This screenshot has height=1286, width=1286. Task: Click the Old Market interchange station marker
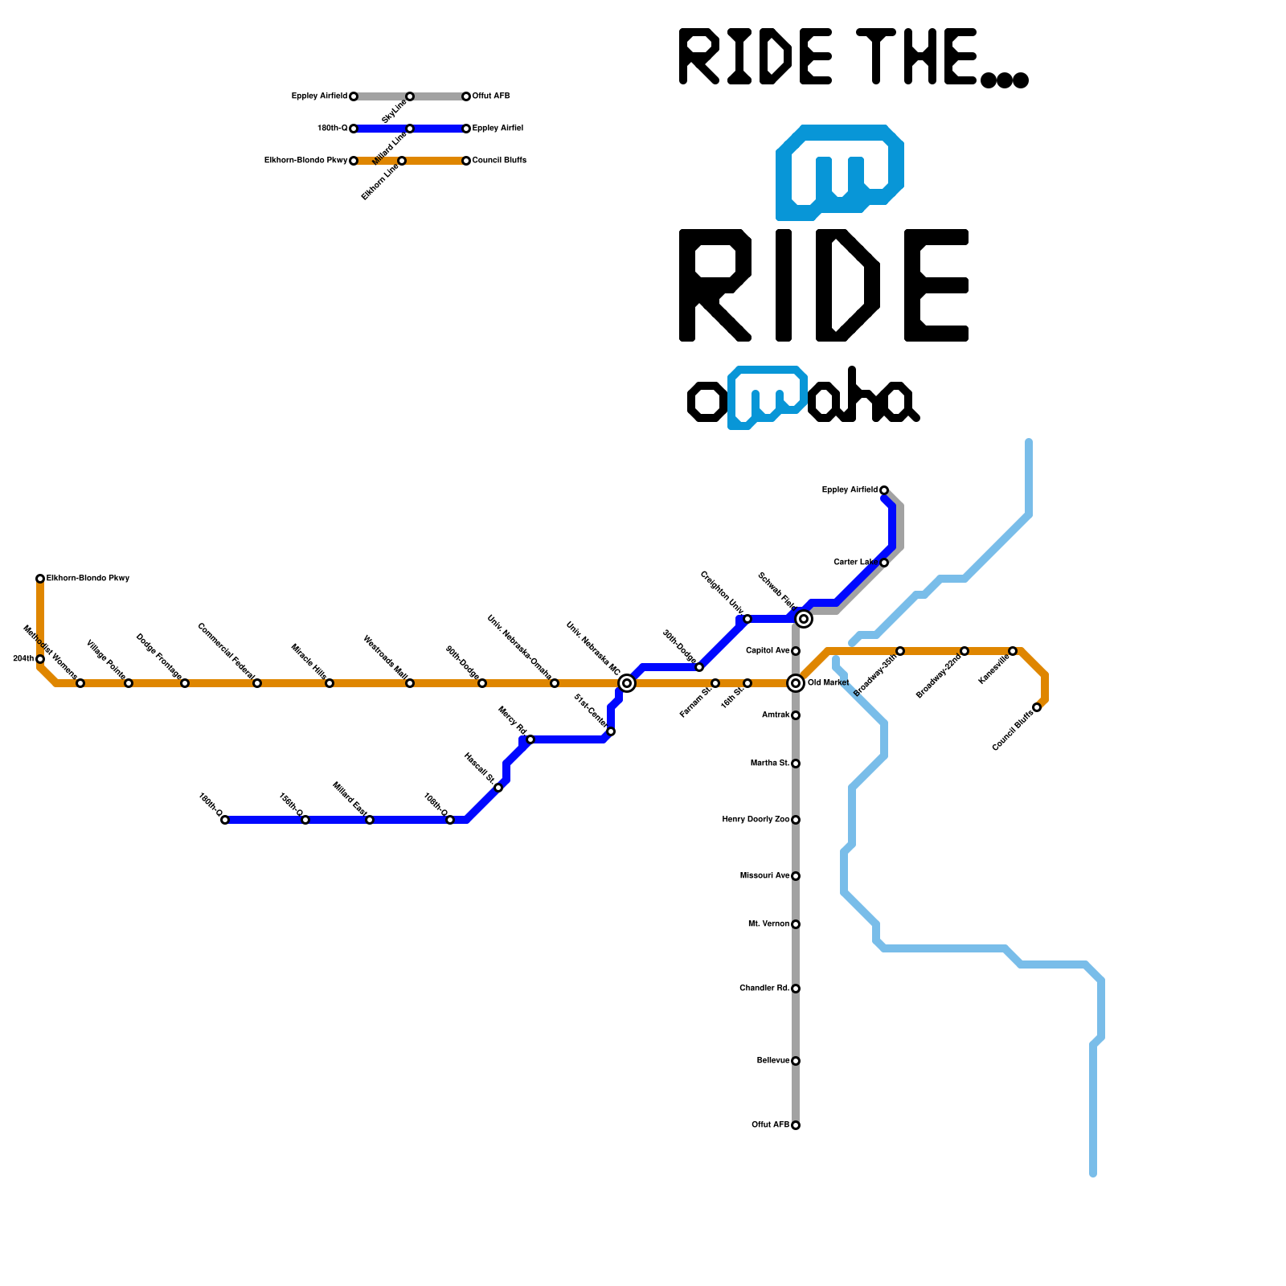click(796, 683)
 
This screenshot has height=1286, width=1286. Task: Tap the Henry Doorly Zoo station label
click(756, 820)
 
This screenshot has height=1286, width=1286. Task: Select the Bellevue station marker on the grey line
click(796, 1061)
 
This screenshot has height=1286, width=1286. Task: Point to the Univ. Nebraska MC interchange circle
click(627, 683)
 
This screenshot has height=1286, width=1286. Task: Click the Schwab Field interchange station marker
click(804, 619)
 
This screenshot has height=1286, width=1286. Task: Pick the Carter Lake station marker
click(884, 563)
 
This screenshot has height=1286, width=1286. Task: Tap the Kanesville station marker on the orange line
click(1013, 651)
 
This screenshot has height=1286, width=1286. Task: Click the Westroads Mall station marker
click(410, 683)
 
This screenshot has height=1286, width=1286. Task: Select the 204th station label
click(23, 659)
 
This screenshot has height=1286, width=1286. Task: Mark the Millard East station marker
click(370, 820)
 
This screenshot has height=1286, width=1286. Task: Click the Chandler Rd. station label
click(764, 989)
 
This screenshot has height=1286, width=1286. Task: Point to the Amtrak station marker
click(796, 715)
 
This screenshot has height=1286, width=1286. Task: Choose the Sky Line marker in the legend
click(410, 96)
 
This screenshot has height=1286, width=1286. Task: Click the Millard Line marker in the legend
click(410, 129)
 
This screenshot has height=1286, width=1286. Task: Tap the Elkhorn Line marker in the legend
click(402, 161)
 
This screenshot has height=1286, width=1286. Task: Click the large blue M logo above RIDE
click(840, 173)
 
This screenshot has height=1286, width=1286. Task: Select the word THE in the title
click(916, 56)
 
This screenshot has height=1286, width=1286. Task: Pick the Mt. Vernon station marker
click(796, 924)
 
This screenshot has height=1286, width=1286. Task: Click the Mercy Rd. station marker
click(530, 739)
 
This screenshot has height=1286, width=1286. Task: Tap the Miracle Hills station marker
click(330, 683)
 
